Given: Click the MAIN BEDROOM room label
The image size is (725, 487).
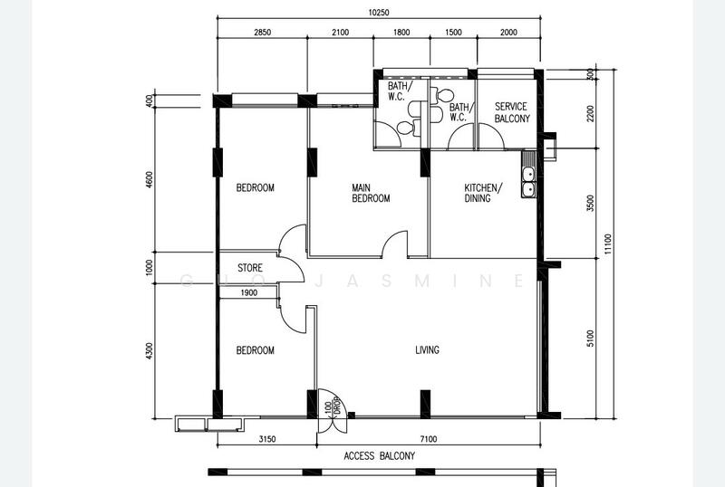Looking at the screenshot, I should [x=371, y=193].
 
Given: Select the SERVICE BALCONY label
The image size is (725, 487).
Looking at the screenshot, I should [x=510, y=112].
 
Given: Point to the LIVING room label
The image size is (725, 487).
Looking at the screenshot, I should [x=428, y=350].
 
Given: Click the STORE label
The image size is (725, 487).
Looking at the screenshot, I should [x=250, y=268].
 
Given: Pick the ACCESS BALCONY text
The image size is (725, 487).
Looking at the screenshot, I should [x=380, y=456].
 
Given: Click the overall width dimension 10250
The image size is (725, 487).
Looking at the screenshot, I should [x=380, y=12].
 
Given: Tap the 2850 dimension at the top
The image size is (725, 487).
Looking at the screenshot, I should [x=262, y=32].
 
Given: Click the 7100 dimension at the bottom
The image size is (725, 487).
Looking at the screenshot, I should [x=428, y=439].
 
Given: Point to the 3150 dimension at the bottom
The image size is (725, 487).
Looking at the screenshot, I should [x=267, y=439].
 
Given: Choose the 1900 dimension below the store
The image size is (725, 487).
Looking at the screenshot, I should [x=249, y=292].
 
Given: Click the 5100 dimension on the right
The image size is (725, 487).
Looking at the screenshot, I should [x=590, y=339].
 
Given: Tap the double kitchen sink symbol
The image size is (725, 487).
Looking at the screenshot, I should [x=527, y=181].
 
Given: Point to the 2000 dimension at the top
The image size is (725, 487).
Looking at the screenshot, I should [x=508, y=32].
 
